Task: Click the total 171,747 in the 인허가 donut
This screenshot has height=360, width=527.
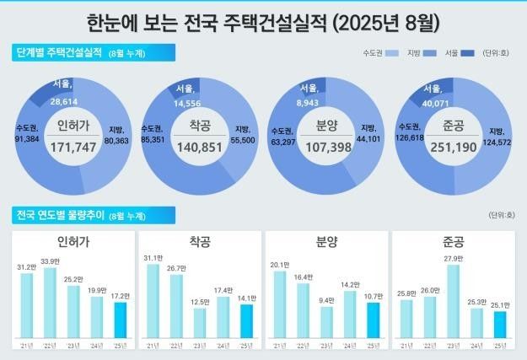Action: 73,148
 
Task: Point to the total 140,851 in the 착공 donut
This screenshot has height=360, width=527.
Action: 199,148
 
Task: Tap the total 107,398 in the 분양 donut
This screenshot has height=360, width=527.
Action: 325,148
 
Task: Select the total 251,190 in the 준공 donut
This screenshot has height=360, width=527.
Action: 453,148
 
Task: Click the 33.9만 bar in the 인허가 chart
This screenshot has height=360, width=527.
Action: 50,304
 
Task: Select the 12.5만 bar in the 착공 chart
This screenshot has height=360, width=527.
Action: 200,323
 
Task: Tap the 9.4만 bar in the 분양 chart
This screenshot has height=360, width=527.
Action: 326,323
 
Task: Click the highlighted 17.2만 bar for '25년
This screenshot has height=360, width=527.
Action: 120,320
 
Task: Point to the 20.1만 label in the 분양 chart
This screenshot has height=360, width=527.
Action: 279,263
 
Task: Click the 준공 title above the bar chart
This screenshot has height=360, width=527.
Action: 453,242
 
